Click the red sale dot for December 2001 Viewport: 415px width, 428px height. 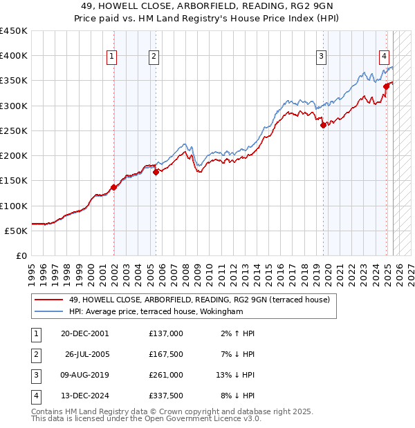coord(113,187)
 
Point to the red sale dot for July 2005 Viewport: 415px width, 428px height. coord(156,173)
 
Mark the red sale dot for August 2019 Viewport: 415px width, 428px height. coord(322,125)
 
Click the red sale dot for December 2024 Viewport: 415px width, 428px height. coord(386,86)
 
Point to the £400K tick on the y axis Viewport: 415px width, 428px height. coord(14,56)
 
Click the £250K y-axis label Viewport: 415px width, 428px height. coord(14,130)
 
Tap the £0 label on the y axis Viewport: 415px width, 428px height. coord(19,255)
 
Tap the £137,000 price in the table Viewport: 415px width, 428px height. coord(166,333)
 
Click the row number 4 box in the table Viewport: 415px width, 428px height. coord(35,396)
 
